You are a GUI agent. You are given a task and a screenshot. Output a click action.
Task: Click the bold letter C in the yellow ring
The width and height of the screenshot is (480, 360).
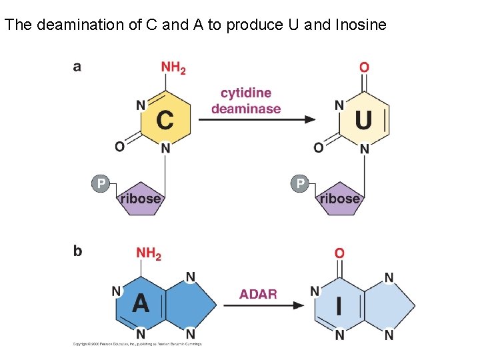(x=165, y=120)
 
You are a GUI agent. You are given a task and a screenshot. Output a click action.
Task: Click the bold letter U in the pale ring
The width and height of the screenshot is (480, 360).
(x=363, y=120)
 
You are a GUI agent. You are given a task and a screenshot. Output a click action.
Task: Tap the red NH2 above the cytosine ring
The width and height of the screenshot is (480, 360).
(x=173, y=68)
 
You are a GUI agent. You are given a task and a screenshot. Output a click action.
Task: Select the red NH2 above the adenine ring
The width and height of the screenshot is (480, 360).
(x=149, y=253)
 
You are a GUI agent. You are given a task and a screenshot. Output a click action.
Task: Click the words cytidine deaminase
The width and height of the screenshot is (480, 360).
(x=246, y=101)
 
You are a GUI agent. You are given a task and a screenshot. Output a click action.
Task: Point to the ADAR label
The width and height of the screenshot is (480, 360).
(x=258, y=294)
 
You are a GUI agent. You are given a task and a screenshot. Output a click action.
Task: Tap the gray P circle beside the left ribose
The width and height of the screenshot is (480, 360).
(x=100, y=183)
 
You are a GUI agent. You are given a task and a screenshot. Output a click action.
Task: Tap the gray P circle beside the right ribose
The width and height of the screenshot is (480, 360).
(x=300, y=183)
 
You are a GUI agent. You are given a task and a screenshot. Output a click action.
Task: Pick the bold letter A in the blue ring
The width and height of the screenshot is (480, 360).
(x=141, y=303)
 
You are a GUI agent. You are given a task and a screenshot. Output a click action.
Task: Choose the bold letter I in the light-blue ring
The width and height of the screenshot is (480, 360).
(x=339, y=305)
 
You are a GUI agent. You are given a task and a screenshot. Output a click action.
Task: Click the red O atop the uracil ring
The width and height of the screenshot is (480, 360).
(x=364, y=67)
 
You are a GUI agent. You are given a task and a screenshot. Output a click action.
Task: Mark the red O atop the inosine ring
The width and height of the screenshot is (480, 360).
(x=339, y=253)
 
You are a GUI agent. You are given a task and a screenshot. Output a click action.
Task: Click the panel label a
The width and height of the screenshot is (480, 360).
(x=77, y=67)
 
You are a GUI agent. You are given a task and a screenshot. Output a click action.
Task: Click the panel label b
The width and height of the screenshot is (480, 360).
(x=77, y=251)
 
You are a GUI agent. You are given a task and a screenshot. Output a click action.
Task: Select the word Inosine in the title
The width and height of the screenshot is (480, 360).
(x=361, y=25)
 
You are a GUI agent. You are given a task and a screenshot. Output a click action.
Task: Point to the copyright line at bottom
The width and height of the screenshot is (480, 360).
(x=137, y=344)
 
